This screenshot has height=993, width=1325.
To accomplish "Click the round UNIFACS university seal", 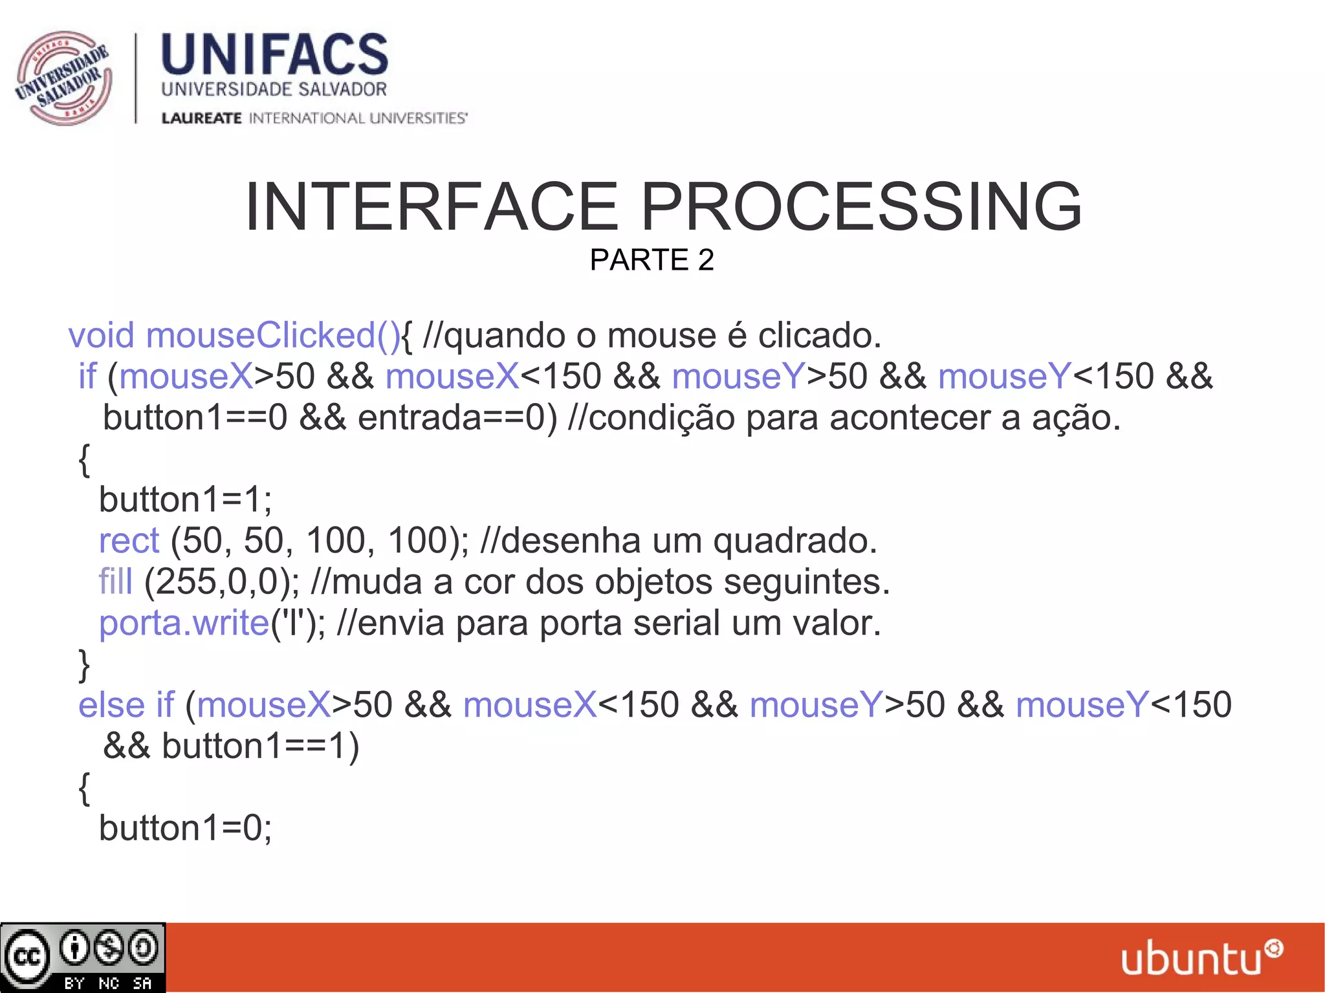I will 63,78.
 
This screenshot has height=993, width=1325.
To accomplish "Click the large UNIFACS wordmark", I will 274,55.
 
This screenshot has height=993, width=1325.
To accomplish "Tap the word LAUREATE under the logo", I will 201,118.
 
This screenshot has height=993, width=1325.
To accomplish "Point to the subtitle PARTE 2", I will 652,260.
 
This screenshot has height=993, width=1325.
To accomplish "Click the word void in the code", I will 102,336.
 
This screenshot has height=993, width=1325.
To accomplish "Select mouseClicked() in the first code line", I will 273,336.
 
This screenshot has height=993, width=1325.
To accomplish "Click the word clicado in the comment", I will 819,336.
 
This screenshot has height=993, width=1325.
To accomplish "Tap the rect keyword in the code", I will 129,541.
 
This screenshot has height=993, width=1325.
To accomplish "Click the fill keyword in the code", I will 115,582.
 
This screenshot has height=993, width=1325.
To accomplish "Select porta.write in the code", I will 184,623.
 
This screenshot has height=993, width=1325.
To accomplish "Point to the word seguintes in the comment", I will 806,582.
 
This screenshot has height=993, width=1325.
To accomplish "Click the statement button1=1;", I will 186,500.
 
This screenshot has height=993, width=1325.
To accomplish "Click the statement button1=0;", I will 186,828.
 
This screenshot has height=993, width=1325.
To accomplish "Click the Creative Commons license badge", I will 83,957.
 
